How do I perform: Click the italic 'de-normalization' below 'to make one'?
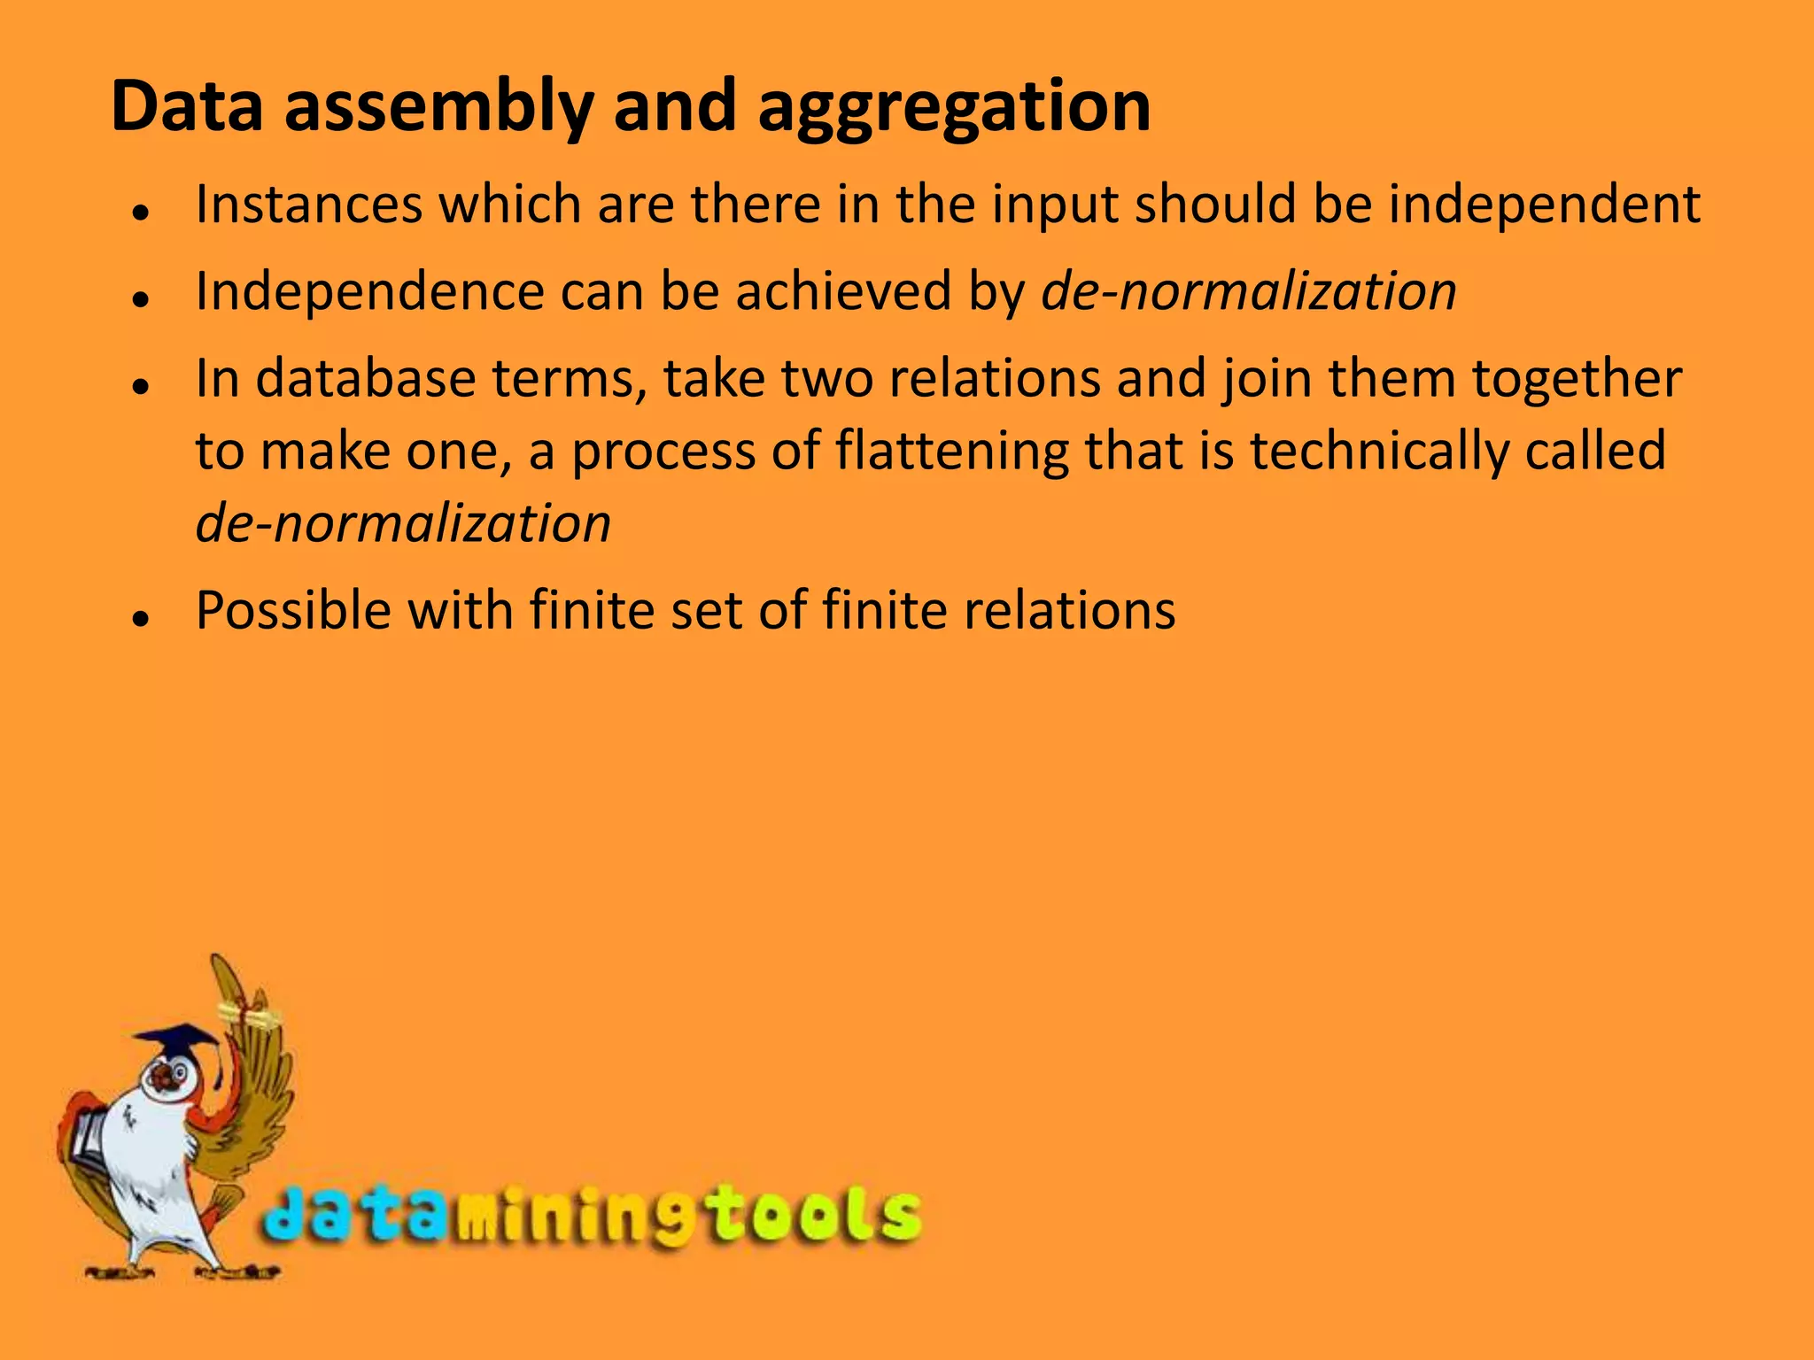click(x=403, y=523)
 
